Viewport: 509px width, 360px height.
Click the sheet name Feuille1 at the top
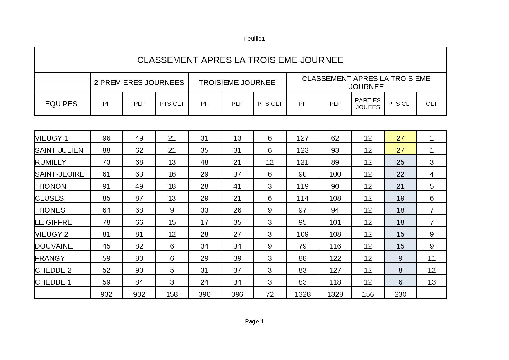255,39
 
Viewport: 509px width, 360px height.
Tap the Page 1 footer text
255,321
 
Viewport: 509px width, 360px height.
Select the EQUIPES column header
61,104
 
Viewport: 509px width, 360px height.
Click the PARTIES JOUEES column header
368,104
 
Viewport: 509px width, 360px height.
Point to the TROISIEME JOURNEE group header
237,83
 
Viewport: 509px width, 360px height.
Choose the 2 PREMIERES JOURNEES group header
139,83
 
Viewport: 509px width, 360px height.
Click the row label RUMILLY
50,162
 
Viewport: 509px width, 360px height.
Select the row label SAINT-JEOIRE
60,174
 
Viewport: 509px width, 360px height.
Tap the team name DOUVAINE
54,246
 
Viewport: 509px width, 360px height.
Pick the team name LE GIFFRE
53,222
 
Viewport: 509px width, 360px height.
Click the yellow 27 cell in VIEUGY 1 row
400,138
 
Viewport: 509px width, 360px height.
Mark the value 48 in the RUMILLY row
205,162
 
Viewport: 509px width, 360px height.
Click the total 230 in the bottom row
400,294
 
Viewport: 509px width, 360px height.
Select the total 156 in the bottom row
368,294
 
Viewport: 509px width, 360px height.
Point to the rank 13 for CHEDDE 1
432,282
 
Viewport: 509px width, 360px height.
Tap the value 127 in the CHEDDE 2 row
335,270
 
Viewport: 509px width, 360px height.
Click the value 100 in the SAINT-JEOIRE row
335,174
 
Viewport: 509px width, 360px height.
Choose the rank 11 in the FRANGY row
432,258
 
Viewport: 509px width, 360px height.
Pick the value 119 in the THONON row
302,186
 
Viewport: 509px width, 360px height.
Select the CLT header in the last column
432,104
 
